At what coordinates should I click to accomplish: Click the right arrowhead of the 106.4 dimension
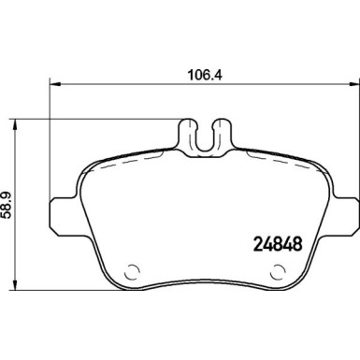(353, 81)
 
